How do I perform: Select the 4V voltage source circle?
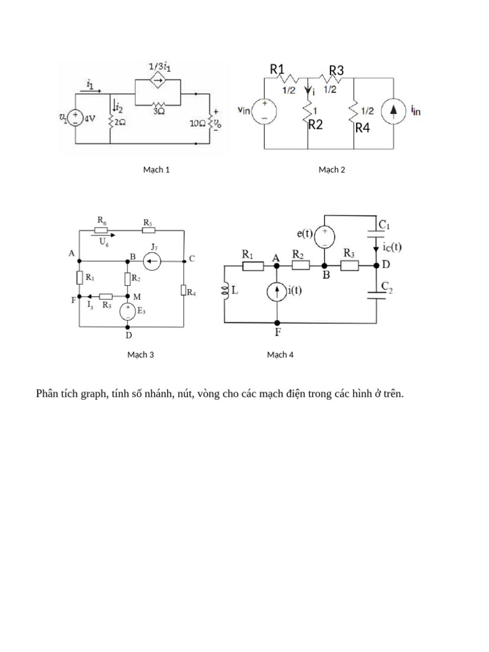75,118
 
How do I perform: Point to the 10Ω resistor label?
199,122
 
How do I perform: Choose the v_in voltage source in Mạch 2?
264,111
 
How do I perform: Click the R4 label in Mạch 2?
362,128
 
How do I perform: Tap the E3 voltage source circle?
128,311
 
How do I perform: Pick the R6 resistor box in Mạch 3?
102,230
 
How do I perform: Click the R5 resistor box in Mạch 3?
148,230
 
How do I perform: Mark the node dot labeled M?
127,296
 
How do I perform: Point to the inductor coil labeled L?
225,291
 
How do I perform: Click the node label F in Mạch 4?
278,333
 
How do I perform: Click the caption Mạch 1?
156,169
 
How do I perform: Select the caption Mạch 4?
280,355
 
